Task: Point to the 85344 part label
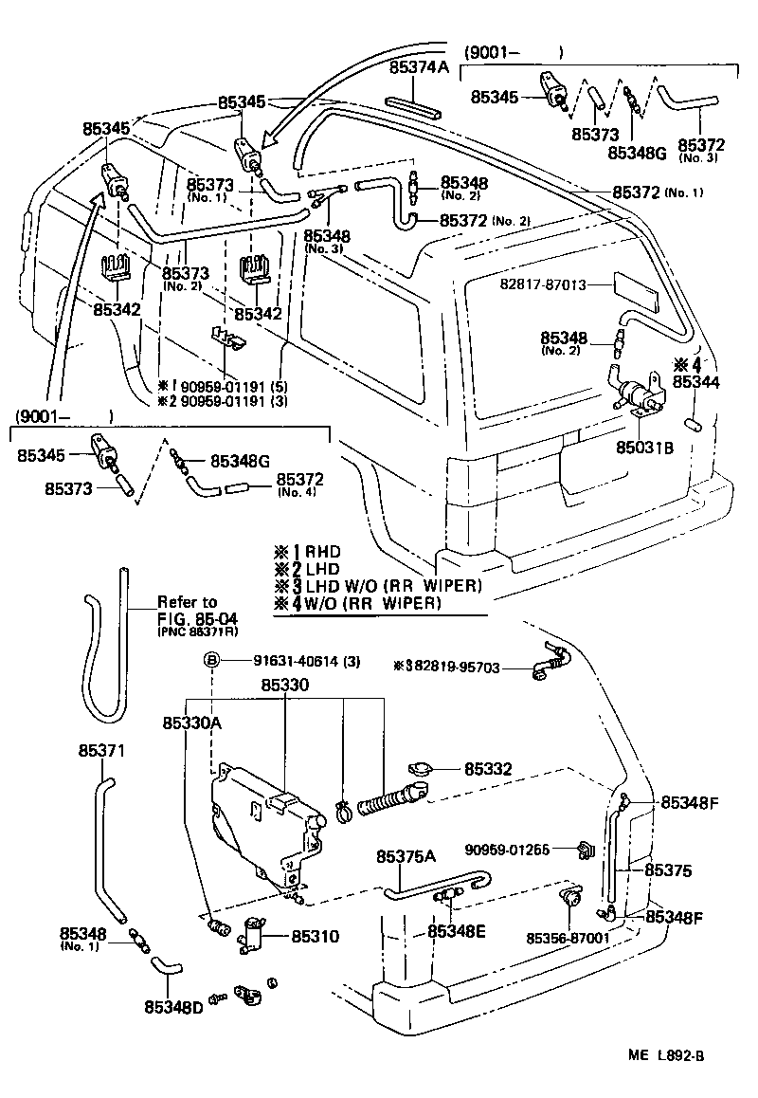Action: coord(697,381)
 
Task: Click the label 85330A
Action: coord(191,723)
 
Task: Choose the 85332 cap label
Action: coord(488,769)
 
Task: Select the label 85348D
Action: coord(173,1006)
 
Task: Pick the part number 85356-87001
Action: coord(568,938)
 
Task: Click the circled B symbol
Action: coord(213,661)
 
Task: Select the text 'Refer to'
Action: coord(187,602)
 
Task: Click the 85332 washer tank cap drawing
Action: coord(420,768)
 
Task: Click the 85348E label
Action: coord(456,931)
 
